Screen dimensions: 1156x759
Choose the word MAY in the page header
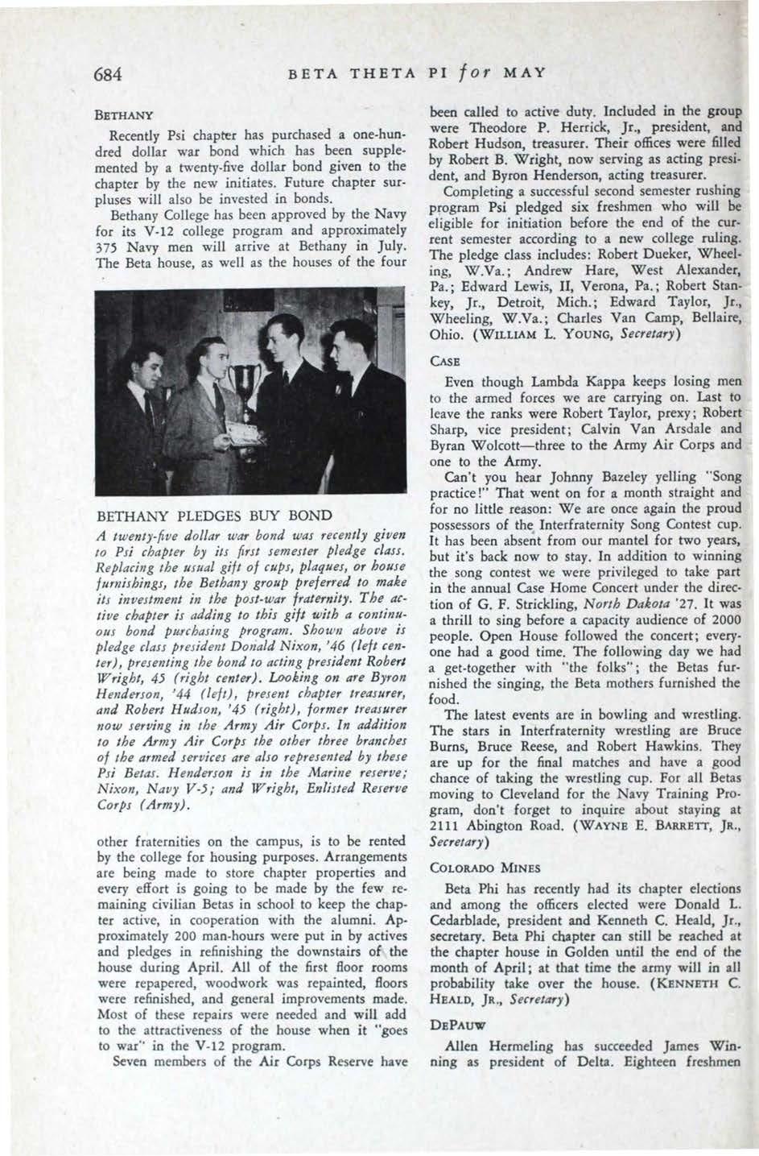(x=524, y=74)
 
